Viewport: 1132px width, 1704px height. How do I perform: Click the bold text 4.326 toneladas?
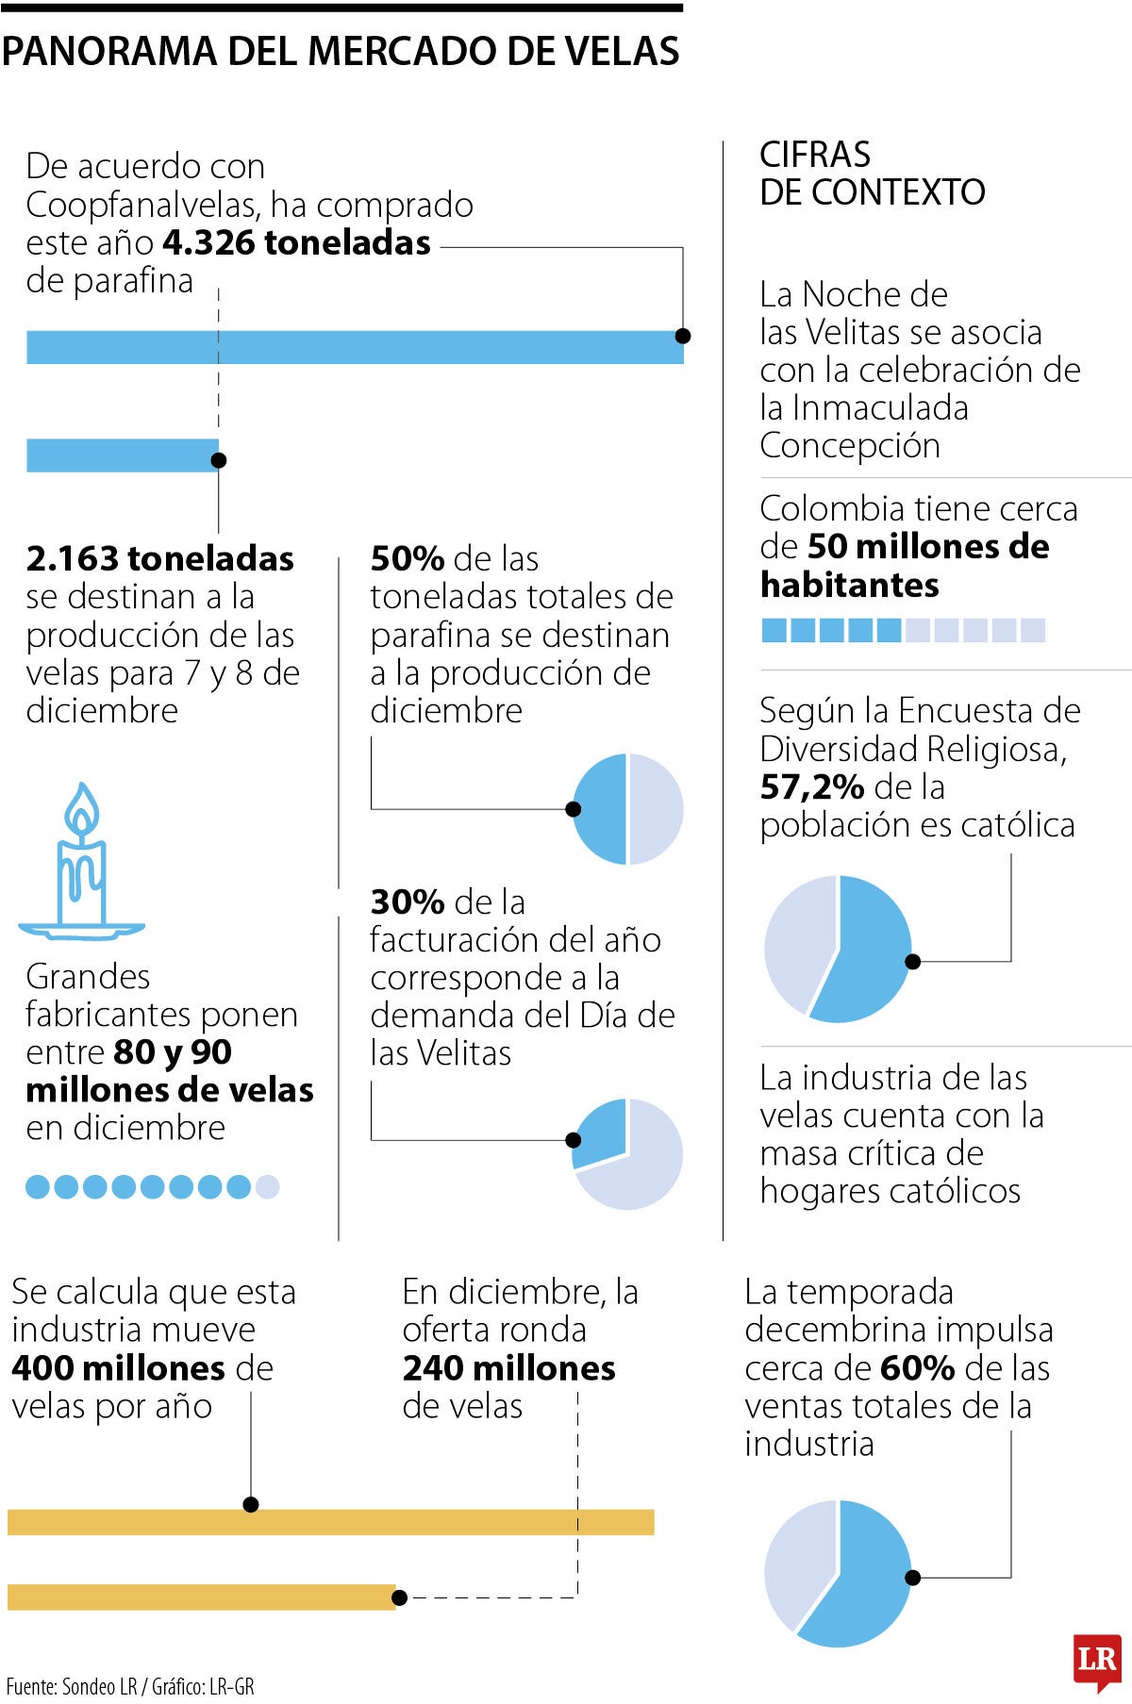pos(296,242)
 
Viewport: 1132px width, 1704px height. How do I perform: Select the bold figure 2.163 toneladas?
pos(159,558)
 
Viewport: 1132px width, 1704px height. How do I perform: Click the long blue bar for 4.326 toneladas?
pos(354,347)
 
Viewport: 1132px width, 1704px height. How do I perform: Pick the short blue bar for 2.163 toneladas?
pos(122,455)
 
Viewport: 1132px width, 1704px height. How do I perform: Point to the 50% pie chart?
pos(627,809)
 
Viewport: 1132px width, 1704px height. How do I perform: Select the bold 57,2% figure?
pos(812,786)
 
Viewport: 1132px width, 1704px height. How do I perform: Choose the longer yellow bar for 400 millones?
pos(330,1522)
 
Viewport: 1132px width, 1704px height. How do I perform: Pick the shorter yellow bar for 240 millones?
pos(201,1596)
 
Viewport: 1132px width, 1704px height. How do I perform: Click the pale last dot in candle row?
pos(268,1186)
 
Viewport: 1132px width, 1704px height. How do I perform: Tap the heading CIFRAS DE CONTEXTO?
pos(871,174)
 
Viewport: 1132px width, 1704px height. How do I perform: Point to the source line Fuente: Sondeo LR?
pos(130,1686)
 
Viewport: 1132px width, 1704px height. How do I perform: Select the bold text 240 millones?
pos(508,1367)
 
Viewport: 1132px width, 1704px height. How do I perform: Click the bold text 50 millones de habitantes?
pos(903,566)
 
